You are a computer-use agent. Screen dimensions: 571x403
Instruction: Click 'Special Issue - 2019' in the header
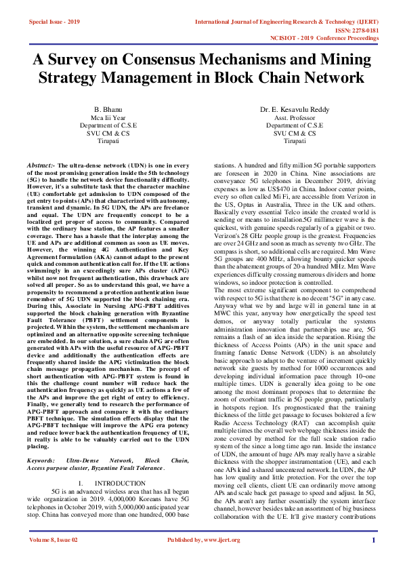55,22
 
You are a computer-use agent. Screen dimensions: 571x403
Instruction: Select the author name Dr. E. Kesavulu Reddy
295,109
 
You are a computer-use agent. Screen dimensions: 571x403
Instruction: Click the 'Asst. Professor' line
295,117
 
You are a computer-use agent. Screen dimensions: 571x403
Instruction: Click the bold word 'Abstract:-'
45,165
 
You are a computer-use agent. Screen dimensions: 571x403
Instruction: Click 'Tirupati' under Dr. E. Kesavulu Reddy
295,141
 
